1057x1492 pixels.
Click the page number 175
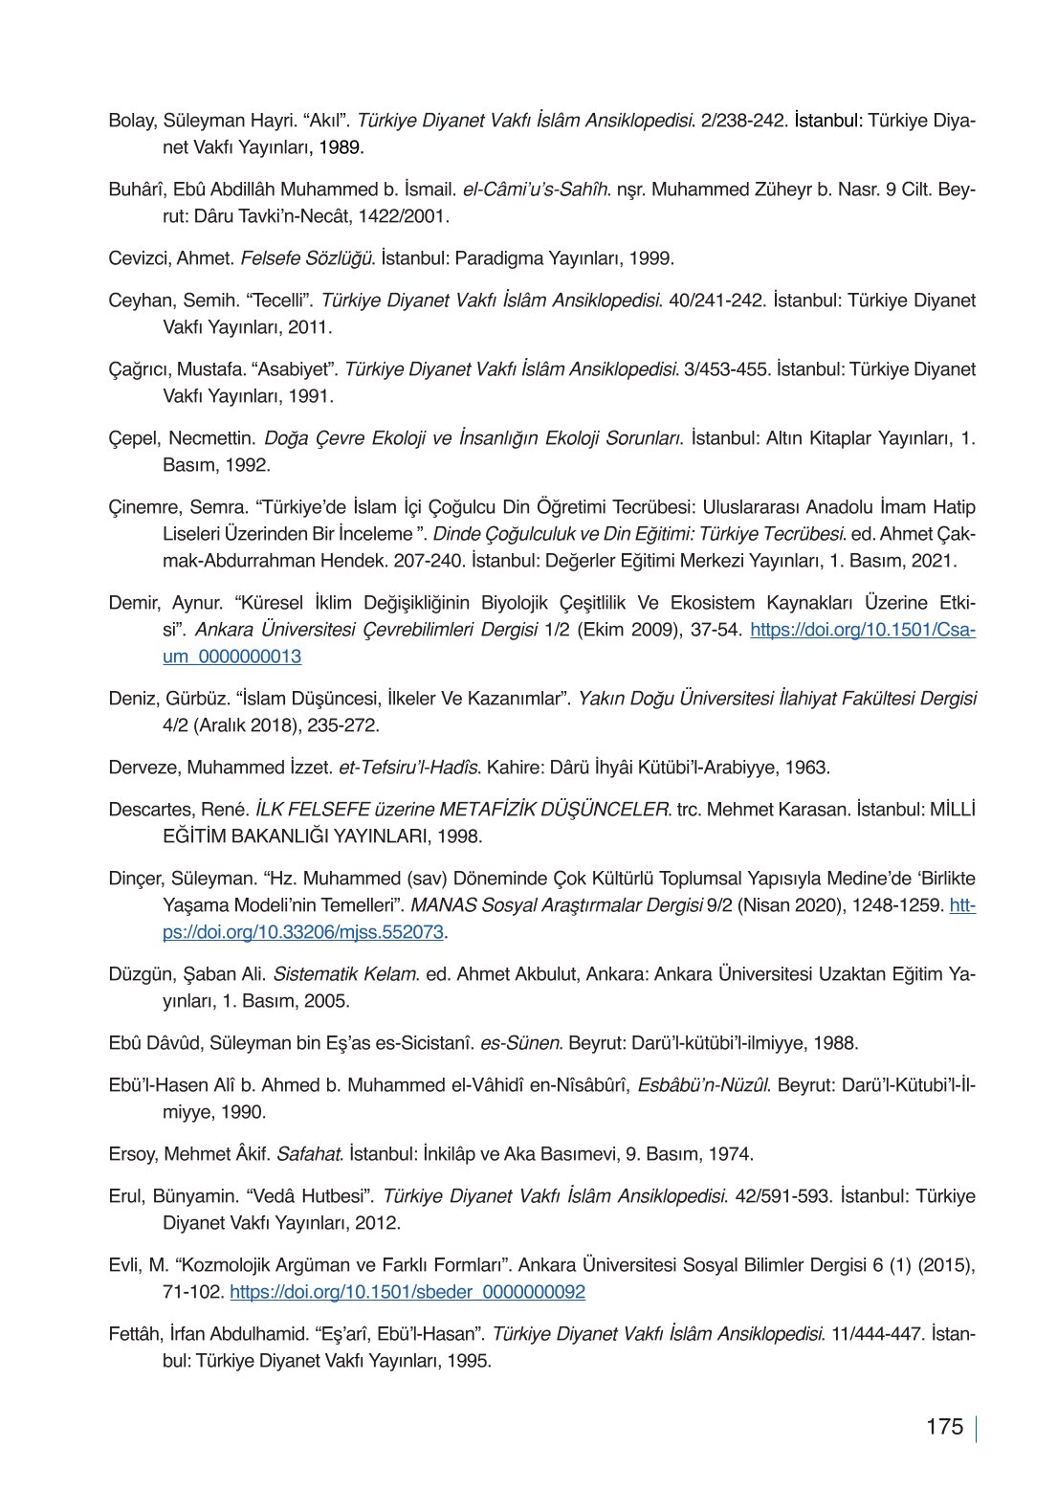click(944, 1427)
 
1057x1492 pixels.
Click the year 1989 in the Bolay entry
click(341, 147)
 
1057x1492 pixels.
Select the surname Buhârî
click(137, 189)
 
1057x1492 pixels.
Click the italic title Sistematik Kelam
click(345, 974)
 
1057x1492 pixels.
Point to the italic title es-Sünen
click(519, 1043)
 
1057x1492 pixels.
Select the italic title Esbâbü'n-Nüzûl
click(703, 1085)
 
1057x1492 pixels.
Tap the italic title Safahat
click(309, 1154)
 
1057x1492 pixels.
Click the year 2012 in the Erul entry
click(378, 1223)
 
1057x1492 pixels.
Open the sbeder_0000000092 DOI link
click(407, 1292)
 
